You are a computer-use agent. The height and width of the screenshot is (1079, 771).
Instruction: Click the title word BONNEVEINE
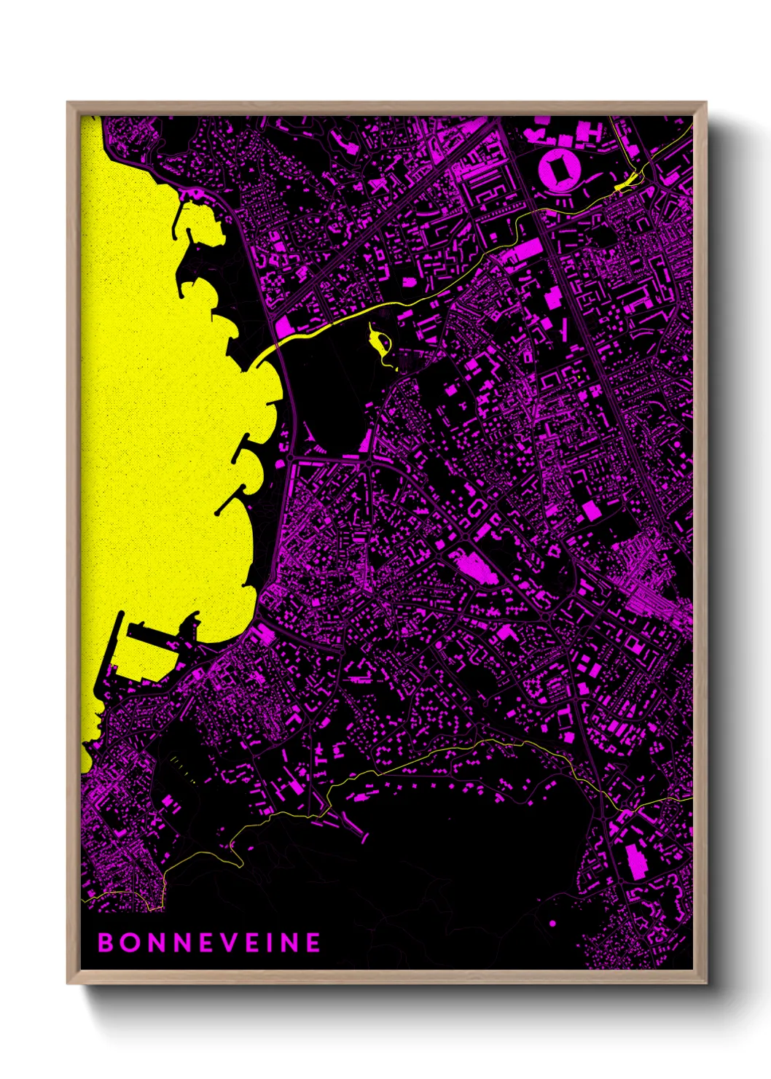click(209, 943)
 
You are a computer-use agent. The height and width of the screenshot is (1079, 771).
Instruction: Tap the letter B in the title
click(106, 943)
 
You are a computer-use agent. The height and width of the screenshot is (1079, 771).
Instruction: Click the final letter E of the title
click(312, 943)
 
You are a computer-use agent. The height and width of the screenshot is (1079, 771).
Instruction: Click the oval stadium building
click(559, 171)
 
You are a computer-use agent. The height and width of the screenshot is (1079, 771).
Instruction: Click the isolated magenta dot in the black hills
click(552, 903)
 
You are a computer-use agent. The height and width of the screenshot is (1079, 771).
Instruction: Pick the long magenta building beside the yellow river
click(525, 252)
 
